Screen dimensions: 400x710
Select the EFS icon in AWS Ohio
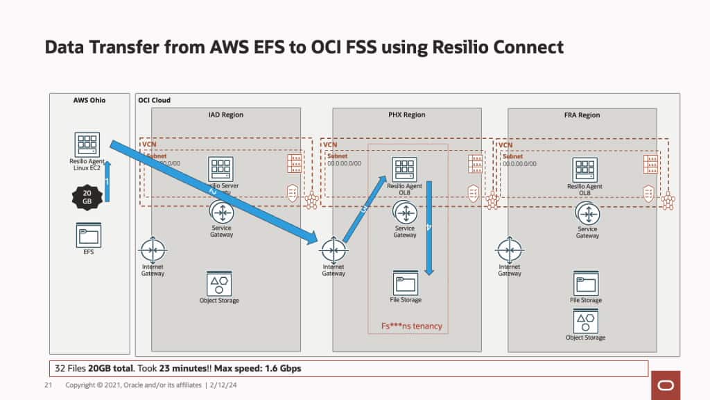(x=87, y=235)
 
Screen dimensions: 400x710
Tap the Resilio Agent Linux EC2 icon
(x=87, y=144)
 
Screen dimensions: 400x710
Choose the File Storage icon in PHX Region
(x=405, y=283)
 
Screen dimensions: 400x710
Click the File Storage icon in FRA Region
(x=585, y=284)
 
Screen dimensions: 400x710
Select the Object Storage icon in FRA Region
(x=585, y=321)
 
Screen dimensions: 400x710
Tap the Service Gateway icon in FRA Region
(x=587, y=213)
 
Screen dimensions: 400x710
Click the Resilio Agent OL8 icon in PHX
(x=405, y=169)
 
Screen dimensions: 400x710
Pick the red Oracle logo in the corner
(x=665, y=385)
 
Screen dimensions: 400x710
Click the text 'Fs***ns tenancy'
(x=411, y=326)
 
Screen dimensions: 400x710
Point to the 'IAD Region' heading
(x=226, y=115)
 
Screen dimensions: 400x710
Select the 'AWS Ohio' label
(x=89, y=100)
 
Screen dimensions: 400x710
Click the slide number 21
(x=49, y=385)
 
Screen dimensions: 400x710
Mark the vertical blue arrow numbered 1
(x=107, y=181)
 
